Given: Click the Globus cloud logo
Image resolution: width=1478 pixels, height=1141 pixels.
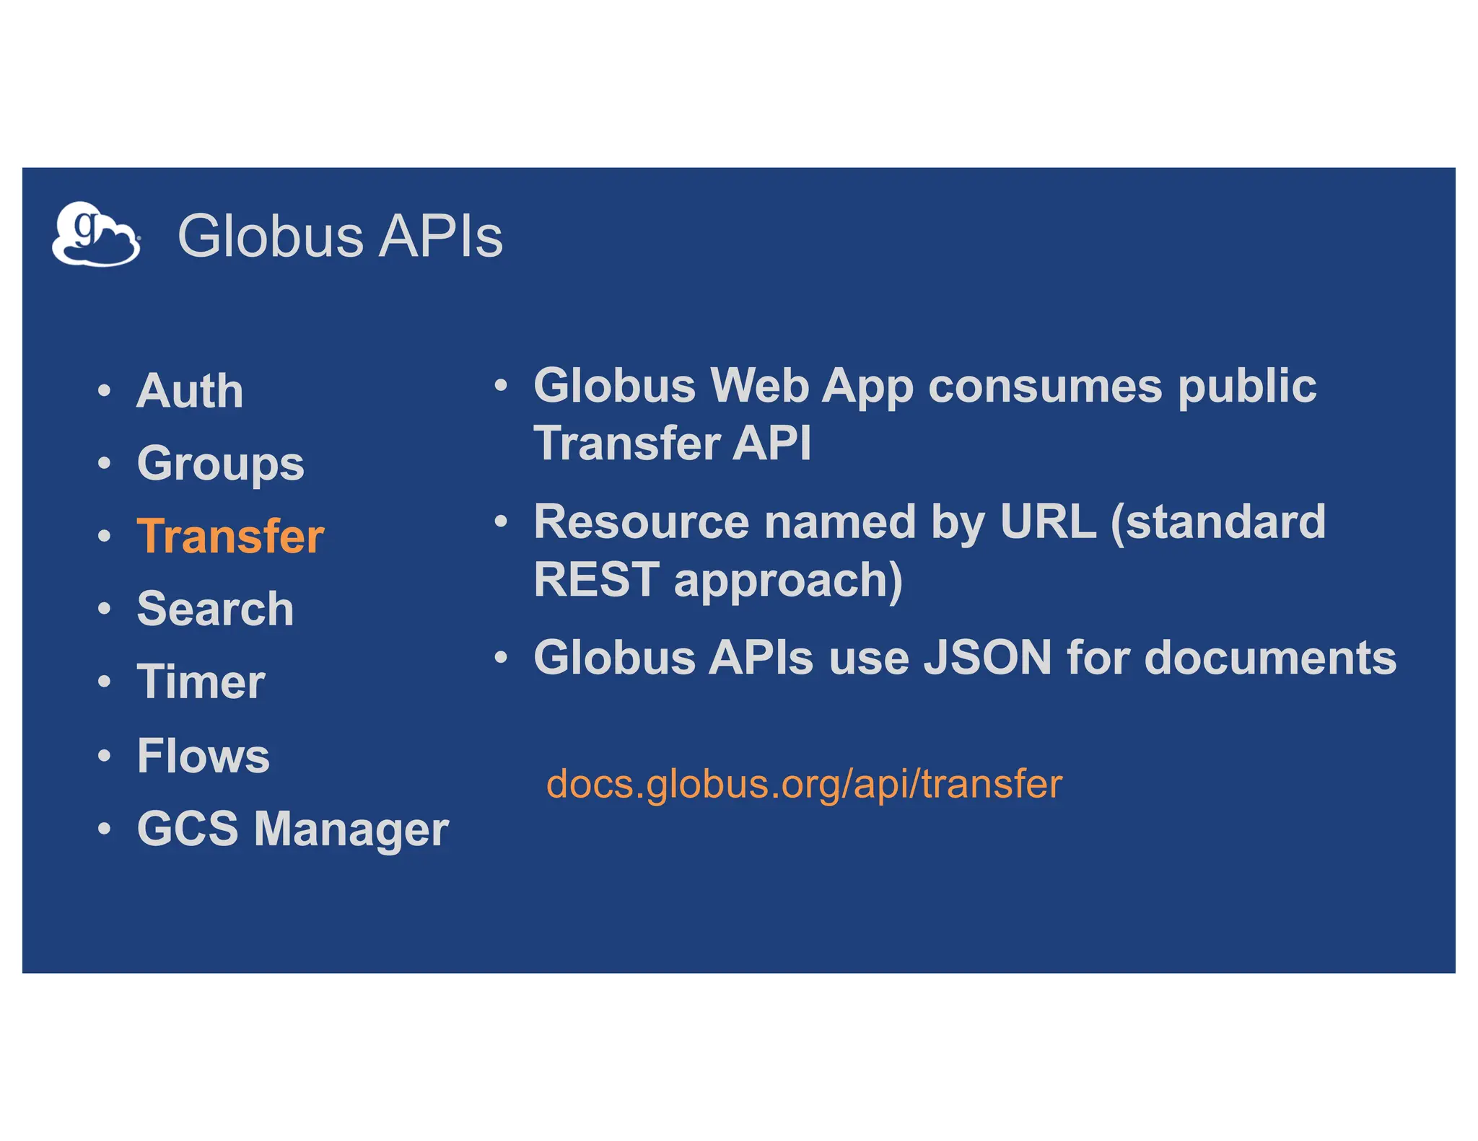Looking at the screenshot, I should point(96,234).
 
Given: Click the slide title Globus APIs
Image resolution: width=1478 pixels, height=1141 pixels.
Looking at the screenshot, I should point(340,237).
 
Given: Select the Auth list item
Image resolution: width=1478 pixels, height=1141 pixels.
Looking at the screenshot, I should point(190,391).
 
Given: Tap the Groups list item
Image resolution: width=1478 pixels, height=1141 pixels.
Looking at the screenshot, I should point(220,464).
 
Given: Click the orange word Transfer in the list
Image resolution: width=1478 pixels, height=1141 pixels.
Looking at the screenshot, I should point(230,537).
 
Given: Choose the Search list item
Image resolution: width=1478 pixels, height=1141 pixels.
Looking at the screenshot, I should point(215,609).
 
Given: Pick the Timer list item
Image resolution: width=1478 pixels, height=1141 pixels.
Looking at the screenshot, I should point(201,682).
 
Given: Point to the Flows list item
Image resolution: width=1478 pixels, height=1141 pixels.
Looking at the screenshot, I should point(203,756).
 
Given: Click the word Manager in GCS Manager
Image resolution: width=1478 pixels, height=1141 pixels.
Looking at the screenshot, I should point(351,829).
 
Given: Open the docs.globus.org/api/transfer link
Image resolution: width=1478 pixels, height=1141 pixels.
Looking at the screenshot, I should point(804,784).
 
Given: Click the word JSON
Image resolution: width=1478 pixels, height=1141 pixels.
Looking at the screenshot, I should point(987,658).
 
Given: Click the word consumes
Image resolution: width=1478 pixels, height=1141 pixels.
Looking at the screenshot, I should point(1045,386).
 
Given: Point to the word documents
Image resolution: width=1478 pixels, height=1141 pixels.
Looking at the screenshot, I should point(1270,658).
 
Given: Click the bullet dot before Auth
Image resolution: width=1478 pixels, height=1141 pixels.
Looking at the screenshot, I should point(105,391).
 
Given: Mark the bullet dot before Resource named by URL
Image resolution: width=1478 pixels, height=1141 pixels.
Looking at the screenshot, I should point(501,521).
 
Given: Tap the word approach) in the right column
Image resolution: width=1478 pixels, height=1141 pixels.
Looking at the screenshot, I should point(788,581).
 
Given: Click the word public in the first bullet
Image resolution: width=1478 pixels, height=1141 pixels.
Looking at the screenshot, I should point(1247,386).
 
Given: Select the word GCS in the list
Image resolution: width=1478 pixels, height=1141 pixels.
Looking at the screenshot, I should point(188,829).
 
